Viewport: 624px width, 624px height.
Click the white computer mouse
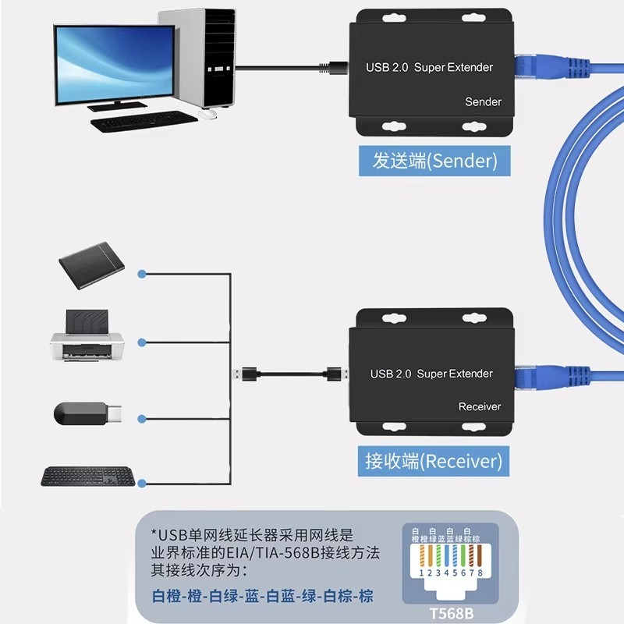[207, 115]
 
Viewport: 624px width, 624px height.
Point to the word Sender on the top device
[483, 102]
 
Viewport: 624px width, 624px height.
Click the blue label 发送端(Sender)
[434, 161]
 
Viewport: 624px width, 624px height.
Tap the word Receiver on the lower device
[480, 406]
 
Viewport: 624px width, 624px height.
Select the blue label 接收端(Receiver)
[434, 461]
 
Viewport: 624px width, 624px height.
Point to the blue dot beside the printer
[141, 342]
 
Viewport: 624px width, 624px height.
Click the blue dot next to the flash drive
[141, 419]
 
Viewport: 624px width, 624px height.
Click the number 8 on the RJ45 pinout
[480, 572]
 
